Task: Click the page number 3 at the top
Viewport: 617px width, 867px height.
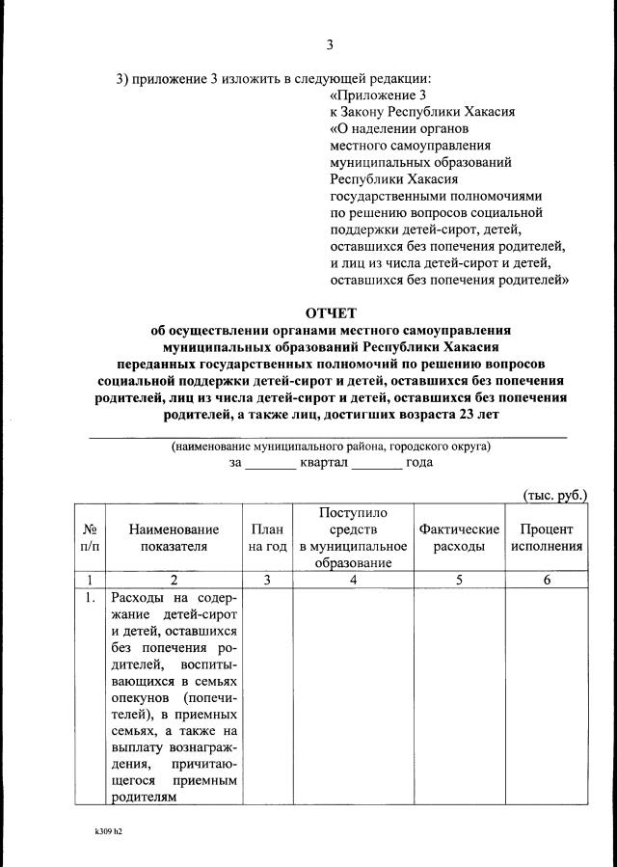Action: (330, 45)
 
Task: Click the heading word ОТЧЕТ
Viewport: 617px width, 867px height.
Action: (331, 312)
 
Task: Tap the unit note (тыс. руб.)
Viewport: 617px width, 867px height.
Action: (554, 495)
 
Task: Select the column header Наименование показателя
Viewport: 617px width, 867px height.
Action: (174, 538)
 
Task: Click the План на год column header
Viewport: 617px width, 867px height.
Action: (267, 538)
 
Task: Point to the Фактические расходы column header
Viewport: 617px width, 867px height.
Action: (459, 538)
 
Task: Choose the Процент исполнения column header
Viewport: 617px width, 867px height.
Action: (547, 538)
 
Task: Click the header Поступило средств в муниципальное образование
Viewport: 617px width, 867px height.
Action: (353, 538)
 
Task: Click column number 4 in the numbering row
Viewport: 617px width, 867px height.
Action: (353, 580)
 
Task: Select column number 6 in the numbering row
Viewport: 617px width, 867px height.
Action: (547, 580)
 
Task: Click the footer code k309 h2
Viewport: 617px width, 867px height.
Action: (109, 829)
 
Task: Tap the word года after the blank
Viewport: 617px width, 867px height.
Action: (419, 462)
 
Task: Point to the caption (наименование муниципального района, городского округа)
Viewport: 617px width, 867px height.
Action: (331, 447)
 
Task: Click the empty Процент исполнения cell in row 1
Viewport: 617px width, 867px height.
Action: (547, 694)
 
